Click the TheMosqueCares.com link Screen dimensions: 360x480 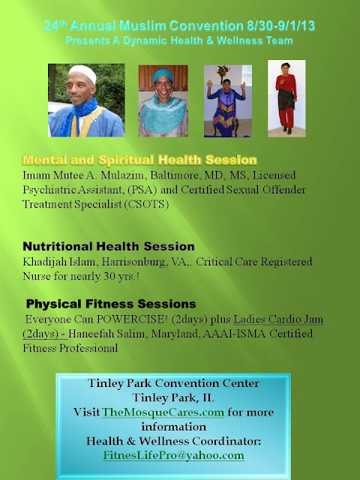[163, 412]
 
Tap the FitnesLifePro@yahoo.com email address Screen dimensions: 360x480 [173, 455]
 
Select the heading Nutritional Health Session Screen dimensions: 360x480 [109, 247]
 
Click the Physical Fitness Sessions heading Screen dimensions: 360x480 [111, 304]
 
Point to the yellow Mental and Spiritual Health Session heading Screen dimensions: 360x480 [139, 160]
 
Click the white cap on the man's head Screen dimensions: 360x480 [82, 73]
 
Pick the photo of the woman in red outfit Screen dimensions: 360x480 [286, 98]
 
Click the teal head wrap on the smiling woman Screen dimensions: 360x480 [163, 75]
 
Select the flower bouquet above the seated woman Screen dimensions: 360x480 [223, 72]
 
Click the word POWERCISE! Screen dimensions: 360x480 [132, 319]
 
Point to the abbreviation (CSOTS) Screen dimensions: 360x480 [146, 204]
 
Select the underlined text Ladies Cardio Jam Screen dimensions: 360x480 [278, 319]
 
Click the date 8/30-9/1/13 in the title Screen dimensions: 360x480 [281, 25]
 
